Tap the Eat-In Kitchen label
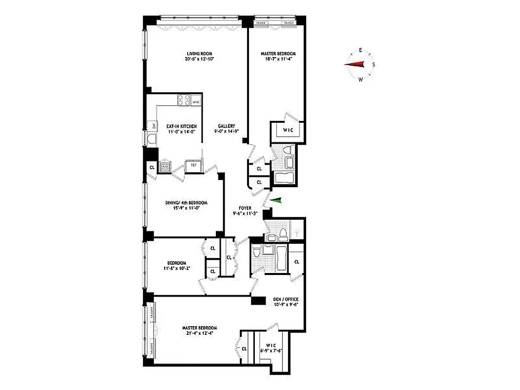point(175,126)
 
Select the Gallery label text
point(227,126)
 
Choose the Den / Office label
point(286,299)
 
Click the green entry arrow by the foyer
point(276,199)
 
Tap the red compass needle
point(355,64)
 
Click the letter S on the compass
point(374,64)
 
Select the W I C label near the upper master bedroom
point(288,130)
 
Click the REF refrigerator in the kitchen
point(193,165)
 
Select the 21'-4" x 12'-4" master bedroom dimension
point(200,333)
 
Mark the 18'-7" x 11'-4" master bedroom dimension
point(278,59)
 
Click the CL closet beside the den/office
point(296,262)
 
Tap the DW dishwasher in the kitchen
point(154,126)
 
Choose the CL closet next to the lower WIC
point(244,348)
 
